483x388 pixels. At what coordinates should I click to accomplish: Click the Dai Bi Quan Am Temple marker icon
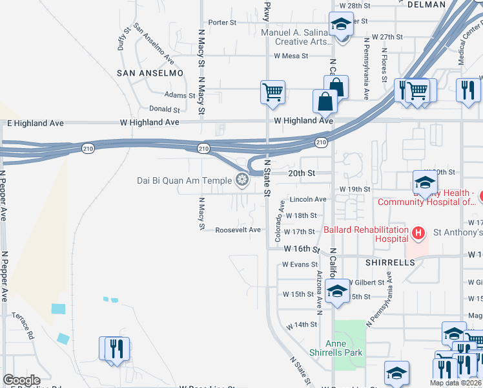(243, 179)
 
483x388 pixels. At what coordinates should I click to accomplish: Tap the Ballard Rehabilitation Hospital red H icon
(418, 232)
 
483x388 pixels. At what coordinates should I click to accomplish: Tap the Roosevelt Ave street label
(238, 230)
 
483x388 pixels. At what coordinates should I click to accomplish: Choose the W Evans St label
(300, 264)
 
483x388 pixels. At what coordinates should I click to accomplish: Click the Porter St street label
(223, 22)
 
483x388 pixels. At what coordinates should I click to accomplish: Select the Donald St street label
(164, 109)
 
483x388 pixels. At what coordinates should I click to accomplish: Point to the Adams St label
(180, 95)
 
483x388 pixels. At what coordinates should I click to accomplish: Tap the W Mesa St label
(291, 56)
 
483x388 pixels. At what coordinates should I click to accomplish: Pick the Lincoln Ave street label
(308, 199)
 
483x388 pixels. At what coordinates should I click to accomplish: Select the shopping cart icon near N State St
(272, 92)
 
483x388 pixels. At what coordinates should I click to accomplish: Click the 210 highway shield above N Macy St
(203, 149)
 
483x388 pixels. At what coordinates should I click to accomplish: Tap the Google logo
(21, 380)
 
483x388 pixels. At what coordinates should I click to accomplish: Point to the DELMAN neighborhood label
(427, 5)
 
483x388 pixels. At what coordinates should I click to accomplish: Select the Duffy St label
(124, 40)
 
